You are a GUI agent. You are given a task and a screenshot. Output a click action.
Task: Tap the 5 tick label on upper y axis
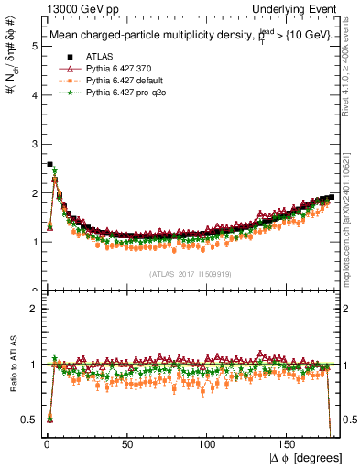(32, 45)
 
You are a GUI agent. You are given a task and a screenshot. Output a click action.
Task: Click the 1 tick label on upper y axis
(32, 242)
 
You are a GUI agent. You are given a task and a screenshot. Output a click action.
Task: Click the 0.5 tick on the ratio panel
(28, 420)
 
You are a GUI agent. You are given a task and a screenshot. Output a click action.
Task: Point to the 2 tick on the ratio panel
(32, 309)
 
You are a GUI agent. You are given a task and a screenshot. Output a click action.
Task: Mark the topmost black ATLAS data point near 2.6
(49, 164)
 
